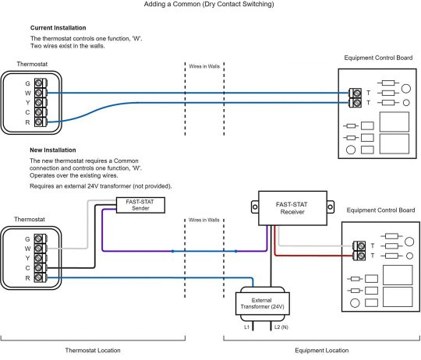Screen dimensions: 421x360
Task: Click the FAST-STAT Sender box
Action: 140,205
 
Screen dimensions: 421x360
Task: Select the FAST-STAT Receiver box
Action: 292,208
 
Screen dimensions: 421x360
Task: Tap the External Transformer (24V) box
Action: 262,303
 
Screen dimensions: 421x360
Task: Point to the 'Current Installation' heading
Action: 58,28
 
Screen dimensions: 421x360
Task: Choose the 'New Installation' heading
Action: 53,150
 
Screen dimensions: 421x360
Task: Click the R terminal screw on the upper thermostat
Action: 39,122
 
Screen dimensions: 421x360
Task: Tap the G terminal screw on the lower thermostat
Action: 38,238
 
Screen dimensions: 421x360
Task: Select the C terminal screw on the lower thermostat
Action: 38,268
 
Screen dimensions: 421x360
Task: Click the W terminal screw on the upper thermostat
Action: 39,93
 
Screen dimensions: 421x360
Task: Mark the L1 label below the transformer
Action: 246,327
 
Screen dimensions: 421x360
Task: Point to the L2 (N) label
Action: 281,327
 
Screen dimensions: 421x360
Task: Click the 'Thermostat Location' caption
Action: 93,351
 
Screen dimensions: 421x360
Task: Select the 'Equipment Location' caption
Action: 322,351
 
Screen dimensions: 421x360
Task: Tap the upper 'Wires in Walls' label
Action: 204,66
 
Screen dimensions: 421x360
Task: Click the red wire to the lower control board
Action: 311,255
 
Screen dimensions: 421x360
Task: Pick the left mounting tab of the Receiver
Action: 255,207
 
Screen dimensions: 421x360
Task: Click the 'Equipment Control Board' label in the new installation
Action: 380,210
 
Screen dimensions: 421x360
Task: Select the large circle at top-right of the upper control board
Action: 406,89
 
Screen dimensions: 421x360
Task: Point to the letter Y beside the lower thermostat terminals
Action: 27,258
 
